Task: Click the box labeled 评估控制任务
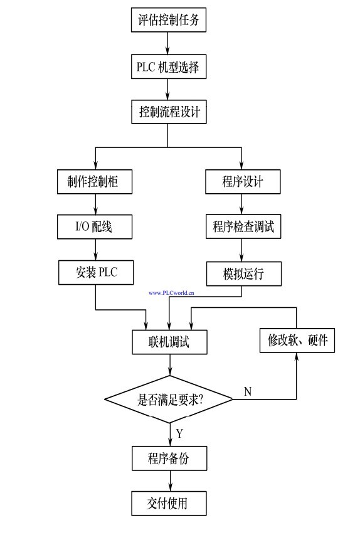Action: coord(169,20)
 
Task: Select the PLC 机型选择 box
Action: coord(169,66)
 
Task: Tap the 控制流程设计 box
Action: coord(169,112)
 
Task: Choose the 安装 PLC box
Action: coord(95,272)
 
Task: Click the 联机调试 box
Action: coord(169,342)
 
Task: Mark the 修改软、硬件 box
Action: coord(297,341)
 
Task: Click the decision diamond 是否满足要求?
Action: coord(169,399)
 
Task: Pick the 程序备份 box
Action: coord(169,458)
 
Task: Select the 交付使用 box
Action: coord(169,502)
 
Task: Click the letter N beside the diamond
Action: coord(248,392)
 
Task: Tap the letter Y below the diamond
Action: coord(179,433)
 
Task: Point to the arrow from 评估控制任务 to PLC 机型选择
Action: coord(169,43)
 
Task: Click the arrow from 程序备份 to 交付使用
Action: coord(169,480)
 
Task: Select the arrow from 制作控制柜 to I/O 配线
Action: coord(95,204)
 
